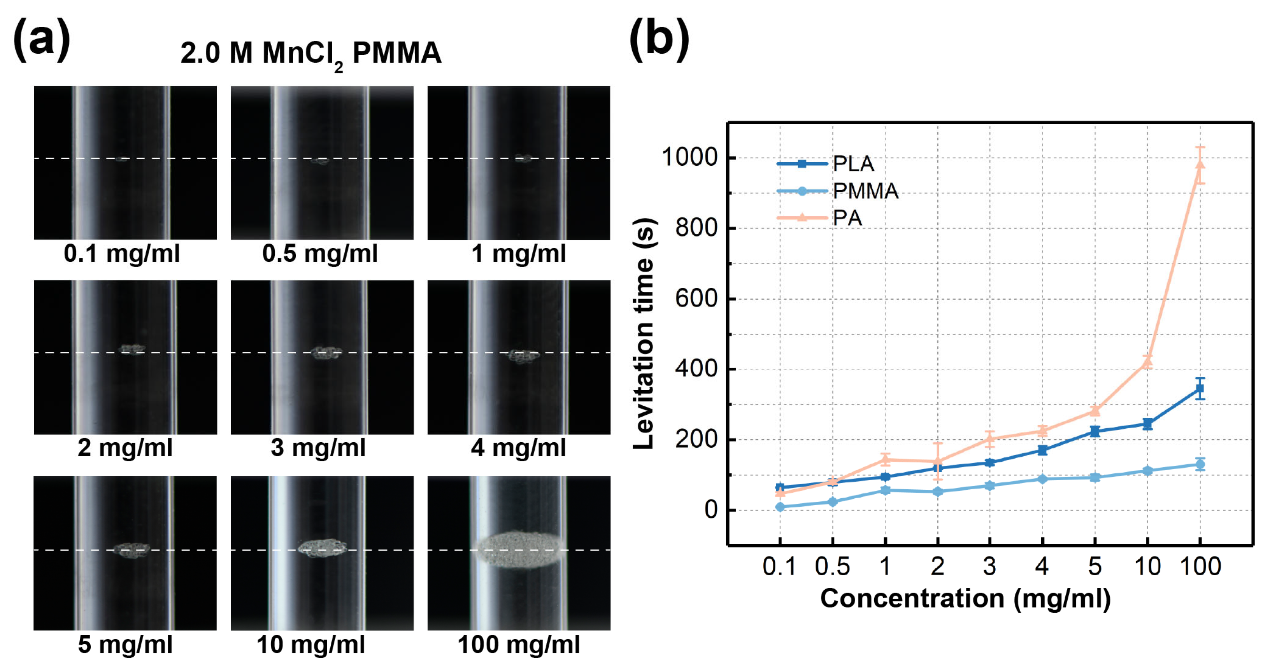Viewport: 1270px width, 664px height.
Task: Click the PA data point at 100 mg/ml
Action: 1200,165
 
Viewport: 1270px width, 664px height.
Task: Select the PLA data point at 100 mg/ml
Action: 1200,389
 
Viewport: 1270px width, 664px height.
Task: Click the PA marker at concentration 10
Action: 1147,362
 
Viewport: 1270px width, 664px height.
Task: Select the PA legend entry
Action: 847,218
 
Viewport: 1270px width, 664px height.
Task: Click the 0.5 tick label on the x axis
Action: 832,566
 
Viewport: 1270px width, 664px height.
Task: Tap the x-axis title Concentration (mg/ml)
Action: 965,598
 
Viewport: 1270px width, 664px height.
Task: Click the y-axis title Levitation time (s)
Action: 644,334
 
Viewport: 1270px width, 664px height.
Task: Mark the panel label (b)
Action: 659,39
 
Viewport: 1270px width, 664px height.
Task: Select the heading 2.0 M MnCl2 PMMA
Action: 310,53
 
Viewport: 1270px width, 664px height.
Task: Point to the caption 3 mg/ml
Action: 318,448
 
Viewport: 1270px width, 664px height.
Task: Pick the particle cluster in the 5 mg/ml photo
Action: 132,550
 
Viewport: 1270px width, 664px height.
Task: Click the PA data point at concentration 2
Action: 937,462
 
